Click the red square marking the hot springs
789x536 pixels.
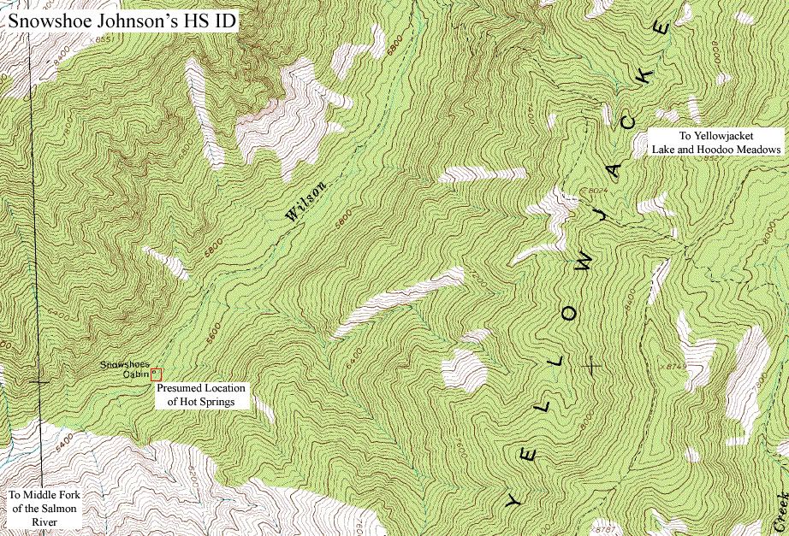[x=156, y=374]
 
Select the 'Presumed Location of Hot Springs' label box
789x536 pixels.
[x=201, y=394]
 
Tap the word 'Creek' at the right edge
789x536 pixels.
[x=780, y=510]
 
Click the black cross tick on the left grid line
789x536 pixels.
[x=39, y=381]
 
